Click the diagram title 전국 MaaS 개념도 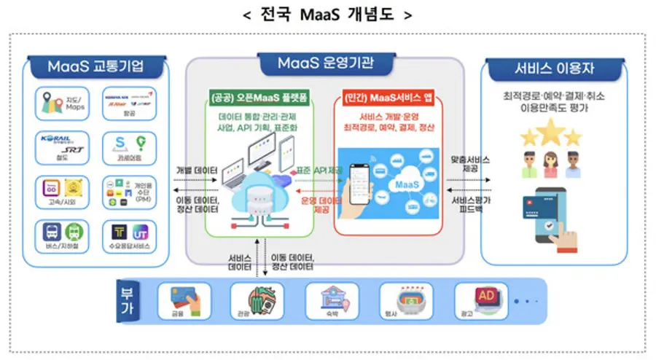tap(328, 15)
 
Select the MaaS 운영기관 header tap(325, 63)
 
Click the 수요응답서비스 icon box tap(128, 237)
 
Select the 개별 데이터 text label tap(197, 171)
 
